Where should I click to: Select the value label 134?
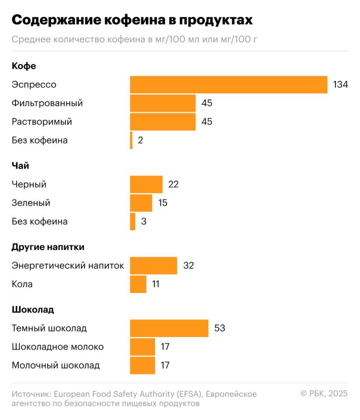coord(341,85)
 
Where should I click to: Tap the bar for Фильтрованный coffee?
coord(163,103)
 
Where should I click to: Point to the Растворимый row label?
coord(42,122)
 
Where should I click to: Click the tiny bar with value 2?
coord(131,140)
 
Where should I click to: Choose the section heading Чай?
coord(20,166)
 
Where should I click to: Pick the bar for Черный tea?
coord(146,184)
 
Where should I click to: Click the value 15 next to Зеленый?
coord(163,203)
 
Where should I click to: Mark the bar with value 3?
coord(132,221)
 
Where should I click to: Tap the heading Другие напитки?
coord(48,247)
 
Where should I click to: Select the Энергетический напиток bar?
coord(153,266)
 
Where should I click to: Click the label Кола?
coord(22,284)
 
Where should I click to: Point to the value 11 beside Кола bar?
coord(156,284)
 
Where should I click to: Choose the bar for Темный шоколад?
coord(169,328)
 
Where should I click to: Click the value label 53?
coord(220,328)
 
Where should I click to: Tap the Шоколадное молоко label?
coord(58,347)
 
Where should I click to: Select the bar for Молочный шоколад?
coord(142,365)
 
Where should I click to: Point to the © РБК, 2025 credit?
coord(324,394)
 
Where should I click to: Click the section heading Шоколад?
coord(33,310)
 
